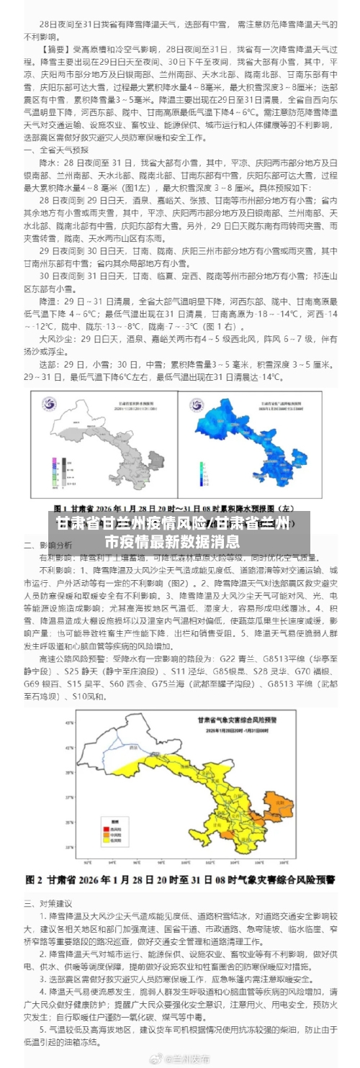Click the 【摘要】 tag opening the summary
click(x=57, y=51)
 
